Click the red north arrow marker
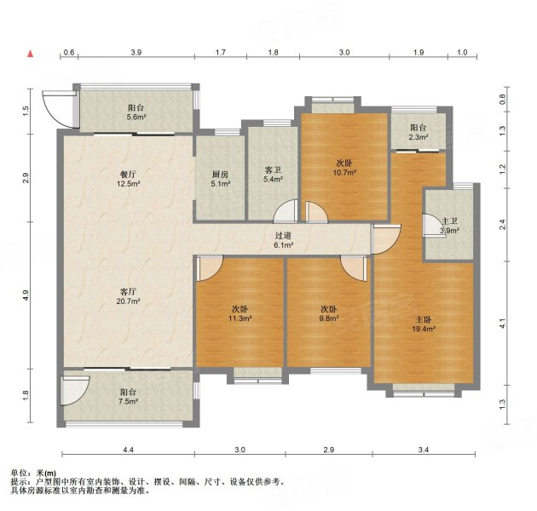point(31,54)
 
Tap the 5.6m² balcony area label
point(136,112)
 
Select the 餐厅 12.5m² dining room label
point(128,179)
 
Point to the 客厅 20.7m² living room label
point(128,296)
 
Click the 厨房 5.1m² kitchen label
point(220,179)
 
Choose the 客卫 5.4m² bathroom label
point(273,175)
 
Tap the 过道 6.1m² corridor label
point(283,240)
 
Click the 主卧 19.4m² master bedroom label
point(424,324)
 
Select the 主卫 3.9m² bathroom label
point(449,226)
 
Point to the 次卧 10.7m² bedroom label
point(344,168)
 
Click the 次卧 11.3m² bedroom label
point(240,313)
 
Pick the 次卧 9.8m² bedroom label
point(328,313)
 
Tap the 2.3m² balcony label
point(419,133)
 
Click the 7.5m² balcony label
point(129,396)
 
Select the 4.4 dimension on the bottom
point(128,450)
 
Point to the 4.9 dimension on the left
point(26,296)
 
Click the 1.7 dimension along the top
point(221,52)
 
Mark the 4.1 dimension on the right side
point(502,324)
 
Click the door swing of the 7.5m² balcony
point(75,391)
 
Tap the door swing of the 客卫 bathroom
point(286,211)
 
